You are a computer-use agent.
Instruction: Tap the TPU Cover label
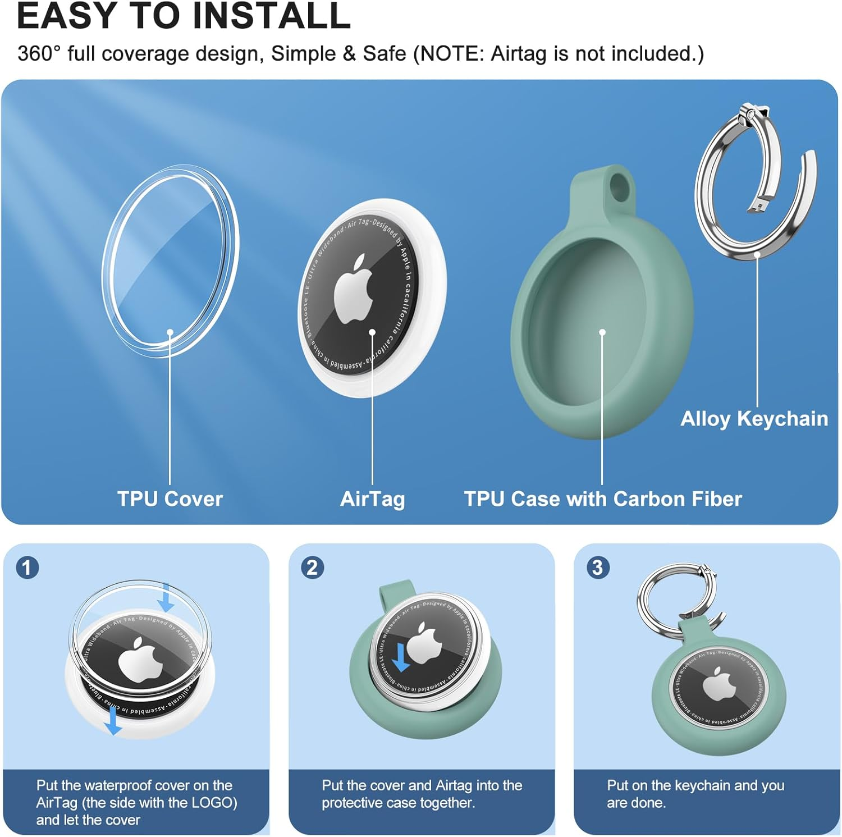170,498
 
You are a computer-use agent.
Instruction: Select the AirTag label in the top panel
372,498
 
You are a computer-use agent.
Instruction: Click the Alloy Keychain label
754,419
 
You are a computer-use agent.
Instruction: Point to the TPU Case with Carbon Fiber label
602,498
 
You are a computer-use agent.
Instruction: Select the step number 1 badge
28,568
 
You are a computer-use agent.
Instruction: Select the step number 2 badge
313,568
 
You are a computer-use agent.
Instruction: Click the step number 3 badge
598,568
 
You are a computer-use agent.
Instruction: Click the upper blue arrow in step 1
166,598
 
